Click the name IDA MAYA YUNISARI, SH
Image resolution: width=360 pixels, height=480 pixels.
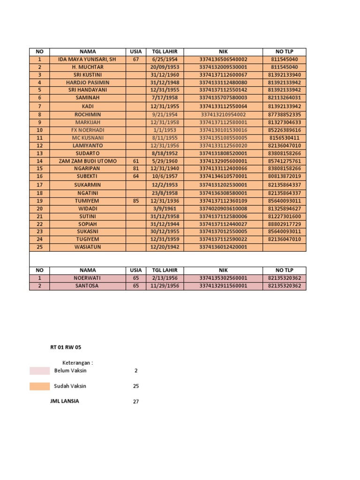click(x=87, y=60)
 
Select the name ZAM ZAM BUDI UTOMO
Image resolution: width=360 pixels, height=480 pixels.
click(x=87, y=161)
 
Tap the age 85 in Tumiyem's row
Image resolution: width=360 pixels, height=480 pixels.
click(x=136, y=201)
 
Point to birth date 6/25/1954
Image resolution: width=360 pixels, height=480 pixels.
click(x=165, y=60)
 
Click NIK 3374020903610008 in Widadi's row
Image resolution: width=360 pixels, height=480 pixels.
click(x=223, y=209)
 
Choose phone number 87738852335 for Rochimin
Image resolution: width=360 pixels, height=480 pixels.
click(x=285, y=114)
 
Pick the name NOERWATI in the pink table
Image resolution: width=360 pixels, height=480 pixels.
click(x=87, y=278)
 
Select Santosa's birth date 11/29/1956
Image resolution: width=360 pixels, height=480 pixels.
click(x=165, y=286)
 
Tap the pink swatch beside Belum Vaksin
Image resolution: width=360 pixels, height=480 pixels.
click(x=39, y=371)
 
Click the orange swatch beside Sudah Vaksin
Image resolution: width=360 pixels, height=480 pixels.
click(x=39, y=386)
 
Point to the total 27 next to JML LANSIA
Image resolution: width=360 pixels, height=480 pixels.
click(x=135, y=402)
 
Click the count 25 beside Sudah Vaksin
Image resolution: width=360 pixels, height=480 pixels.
click(x=135, y=386)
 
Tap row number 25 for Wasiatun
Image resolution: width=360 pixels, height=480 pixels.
click(x=39, y=247)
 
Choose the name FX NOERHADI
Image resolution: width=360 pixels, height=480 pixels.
click(x=87, y=130)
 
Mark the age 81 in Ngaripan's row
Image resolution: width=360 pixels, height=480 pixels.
click(x=136, y=169)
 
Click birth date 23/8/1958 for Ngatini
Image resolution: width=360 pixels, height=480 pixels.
click(x=165, y=193)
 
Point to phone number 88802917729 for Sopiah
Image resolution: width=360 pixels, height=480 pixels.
click(x=285, y=224)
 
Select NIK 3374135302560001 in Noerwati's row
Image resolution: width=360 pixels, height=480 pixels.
click(x=223, y=278)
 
